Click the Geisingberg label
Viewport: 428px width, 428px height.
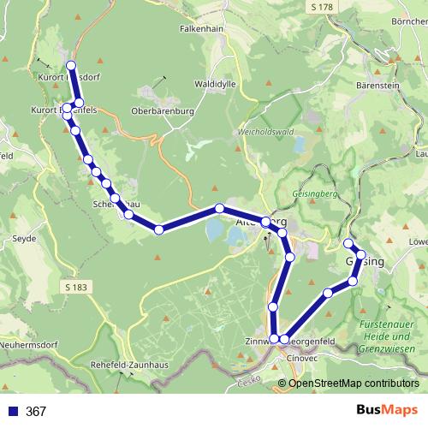pos(314,193)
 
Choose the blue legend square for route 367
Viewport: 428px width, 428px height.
pos(12,412)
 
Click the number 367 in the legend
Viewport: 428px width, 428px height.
pos(36,412)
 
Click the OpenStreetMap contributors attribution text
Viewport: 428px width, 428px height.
pos(354,383)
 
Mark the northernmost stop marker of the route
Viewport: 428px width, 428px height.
pos(71,65)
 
